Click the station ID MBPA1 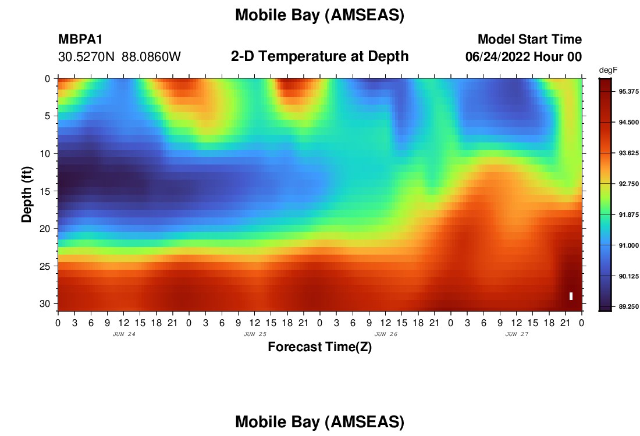[80, 39]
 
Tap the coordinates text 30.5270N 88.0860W [119, 57]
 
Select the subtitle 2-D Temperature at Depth [319, 56]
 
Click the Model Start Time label [529, 39]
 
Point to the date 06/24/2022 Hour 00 [524, 57]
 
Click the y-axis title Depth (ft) [27, 195]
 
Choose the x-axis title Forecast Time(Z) [319, 346]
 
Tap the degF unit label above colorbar [608, 70]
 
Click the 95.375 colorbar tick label [628, 91]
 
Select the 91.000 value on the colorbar [628, 245]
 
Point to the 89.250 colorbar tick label [628, 307]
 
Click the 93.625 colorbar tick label [628, 153]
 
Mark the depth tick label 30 [45, 304]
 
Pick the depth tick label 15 [45, 191]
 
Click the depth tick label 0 [48, 78]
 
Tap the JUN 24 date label [124, 334]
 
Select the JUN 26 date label [386, 334]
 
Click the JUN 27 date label [517, 334]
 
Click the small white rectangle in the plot [571, 296]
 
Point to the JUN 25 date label [255, 334]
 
